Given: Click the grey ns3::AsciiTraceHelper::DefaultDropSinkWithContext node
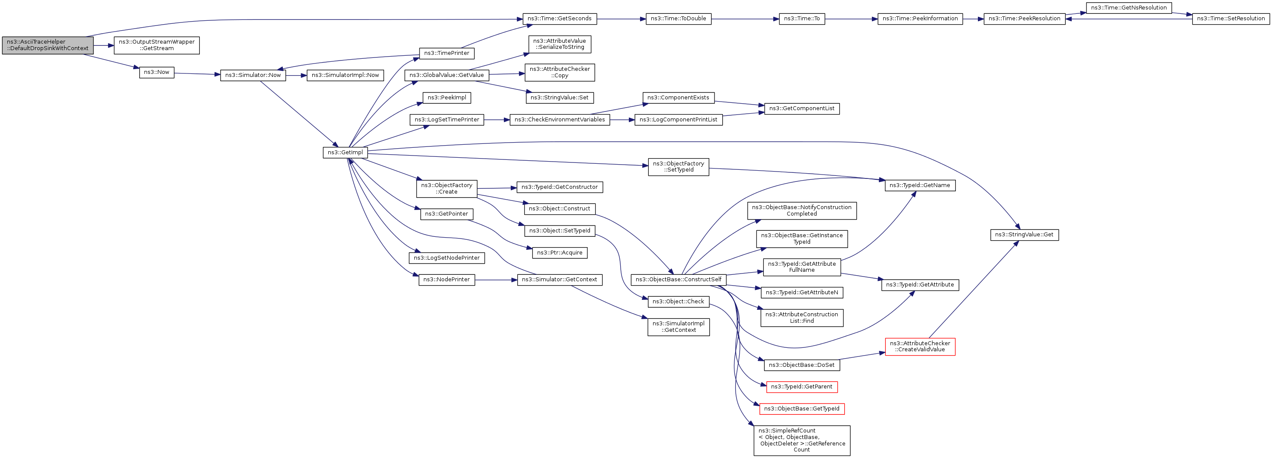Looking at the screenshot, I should point(48,45).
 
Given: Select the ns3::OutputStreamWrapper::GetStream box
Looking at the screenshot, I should point(157,45).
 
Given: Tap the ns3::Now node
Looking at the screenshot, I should point(157,72).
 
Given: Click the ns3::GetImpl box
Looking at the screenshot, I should point(345,153).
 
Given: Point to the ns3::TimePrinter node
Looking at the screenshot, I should point(446,53).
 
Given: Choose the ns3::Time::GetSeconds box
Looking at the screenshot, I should point(560,19).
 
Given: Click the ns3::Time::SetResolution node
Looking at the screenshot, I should point(1230,19).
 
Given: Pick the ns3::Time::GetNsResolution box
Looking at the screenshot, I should point(1129,8).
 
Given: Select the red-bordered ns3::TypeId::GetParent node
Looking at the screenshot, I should point(801,387).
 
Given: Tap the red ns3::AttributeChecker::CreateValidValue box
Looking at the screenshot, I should point(920,347).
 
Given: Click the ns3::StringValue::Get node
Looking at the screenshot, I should point(1024,235).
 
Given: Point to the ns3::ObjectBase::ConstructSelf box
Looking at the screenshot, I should point(679,280).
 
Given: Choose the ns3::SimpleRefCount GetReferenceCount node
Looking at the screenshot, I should point(801,440).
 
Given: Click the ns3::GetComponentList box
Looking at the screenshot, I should point(801,108).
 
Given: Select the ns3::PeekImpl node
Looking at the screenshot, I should point(446,98).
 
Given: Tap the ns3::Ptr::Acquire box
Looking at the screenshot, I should point(560,253).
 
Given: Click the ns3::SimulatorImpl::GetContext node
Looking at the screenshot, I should point(679,327).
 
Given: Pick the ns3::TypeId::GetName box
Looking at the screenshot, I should point(920,185).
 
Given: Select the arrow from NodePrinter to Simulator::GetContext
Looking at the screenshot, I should point(496,280).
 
